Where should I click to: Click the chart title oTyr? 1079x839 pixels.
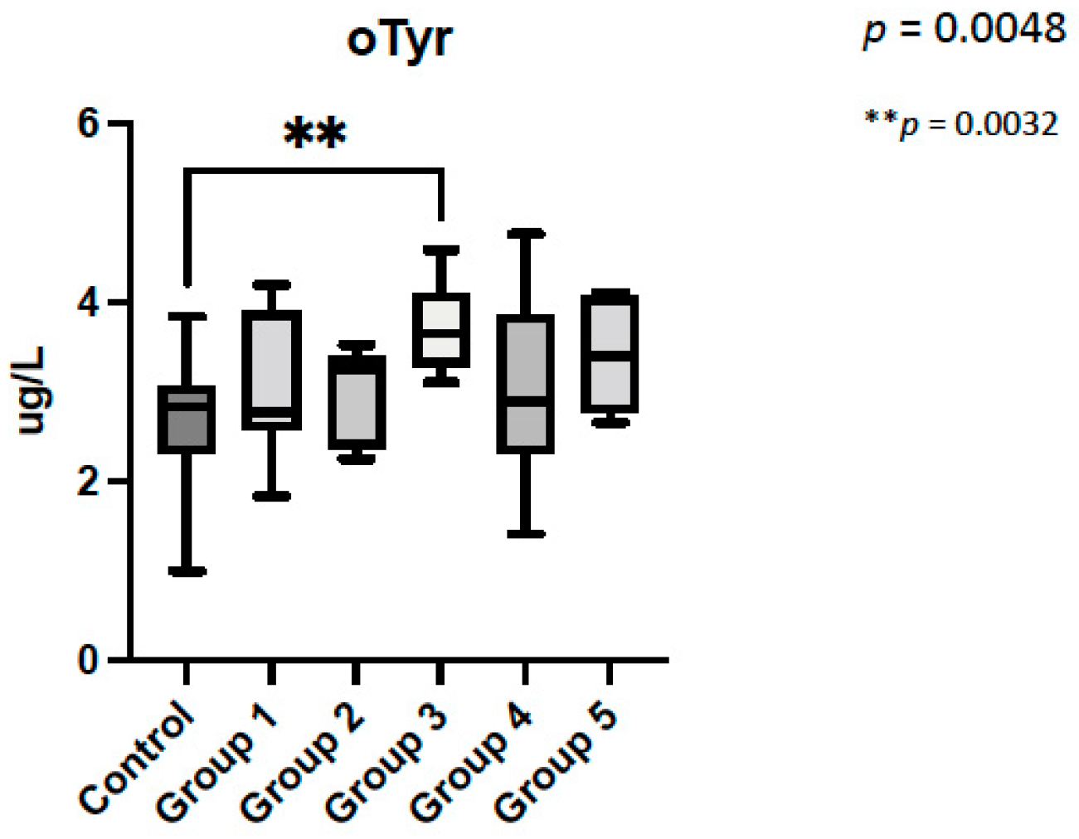tap(399, 40)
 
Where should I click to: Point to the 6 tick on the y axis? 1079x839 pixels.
tap(89, 124)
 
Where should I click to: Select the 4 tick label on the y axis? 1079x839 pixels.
tap(89, 302)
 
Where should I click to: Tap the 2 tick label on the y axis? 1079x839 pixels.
tap(89, 482)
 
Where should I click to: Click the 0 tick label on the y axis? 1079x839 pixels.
tap(89, 661)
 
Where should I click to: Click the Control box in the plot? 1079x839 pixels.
tap(187, 419)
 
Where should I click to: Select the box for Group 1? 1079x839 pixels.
tap(271, 371)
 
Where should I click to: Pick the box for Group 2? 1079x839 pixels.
tap(357, 403)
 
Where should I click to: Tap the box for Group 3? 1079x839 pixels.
tap(441, 330)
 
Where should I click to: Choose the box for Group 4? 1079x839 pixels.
tap(526, 384)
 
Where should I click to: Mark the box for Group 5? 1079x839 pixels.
tap(610, 352)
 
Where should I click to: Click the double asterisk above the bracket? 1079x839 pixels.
tap(314, 133)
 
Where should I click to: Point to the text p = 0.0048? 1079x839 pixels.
tap(964, 30)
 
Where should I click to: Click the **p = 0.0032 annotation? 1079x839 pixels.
tap(961, 124)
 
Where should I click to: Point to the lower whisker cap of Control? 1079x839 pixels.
tap(187, 571)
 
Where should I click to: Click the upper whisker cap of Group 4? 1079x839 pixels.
tap(526, 234)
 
